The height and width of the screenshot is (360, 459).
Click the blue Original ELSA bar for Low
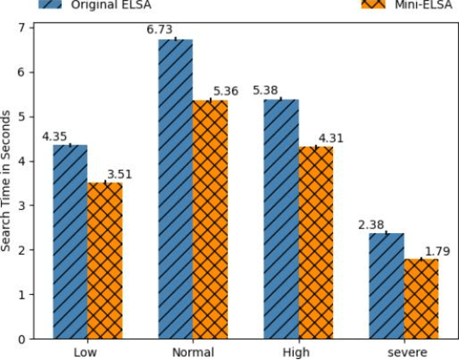click(70, 242)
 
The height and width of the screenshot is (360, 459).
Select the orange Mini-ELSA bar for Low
click(104, 261)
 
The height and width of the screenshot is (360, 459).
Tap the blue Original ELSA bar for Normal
click(176, 189)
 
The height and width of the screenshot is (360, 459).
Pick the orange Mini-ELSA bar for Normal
click(210, 219)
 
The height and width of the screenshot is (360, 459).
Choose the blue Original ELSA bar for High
click(281, 219)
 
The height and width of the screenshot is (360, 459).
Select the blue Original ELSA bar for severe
click(386, 285)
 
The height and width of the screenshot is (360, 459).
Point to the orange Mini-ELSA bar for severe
click(420, 298)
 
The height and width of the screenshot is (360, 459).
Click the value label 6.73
click(161, 32)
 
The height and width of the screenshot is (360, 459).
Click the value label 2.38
click(372, 225)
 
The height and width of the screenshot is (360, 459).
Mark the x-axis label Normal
click(193, 351)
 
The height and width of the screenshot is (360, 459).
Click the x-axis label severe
click(403, 351)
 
